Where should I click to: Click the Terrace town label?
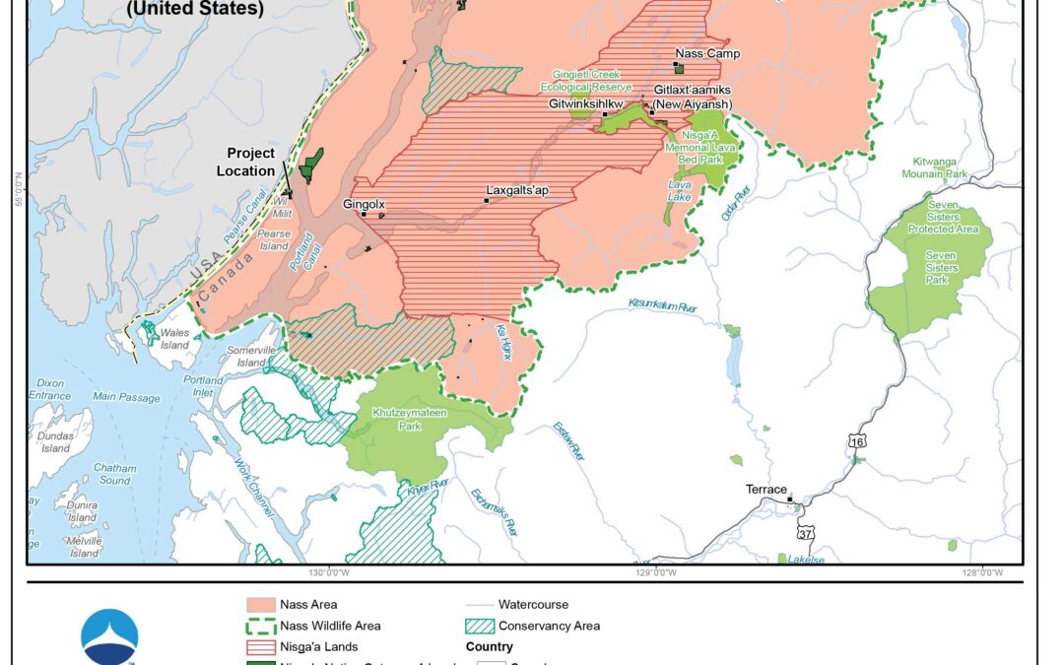click(x=765, y=490)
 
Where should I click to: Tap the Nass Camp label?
click(x=706, y=54)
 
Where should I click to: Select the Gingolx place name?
click(x=363, y=204)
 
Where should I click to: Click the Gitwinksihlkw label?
click(x=586, y=103)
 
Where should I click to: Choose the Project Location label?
click(x=250, y=163)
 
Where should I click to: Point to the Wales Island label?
click(x=174, y=339)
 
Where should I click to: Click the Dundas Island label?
click(x=55, y=442)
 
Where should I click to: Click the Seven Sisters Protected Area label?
click(x=944, y=223)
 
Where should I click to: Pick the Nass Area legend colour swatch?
click(x=260, y=605)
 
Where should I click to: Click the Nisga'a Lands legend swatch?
click(x=260, y=647)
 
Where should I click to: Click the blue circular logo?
click(x=110, y=635)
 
